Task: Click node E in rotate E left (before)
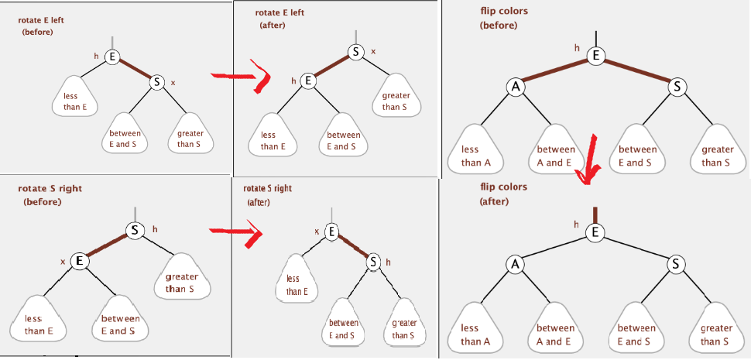(112, 57)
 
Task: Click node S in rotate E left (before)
(156, 81)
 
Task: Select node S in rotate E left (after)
(355, 52)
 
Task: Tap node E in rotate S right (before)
(78, 261)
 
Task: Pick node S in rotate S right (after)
(374, 261)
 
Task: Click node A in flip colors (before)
(515, 87)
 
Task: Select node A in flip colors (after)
(515, 265)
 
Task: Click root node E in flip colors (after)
(595, 231)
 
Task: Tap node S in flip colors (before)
(677, 87)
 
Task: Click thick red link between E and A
(554, 70)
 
